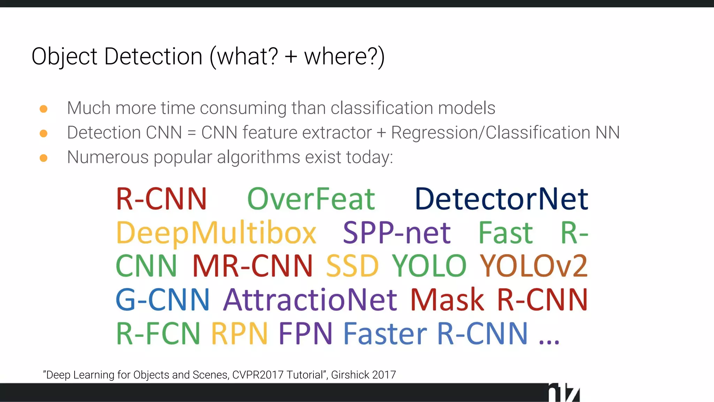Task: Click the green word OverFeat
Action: click(x=311, y=199)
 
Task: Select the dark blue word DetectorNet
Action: click(x=501, y=199)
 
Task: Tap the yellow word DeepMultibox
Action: click(x=216, y=233)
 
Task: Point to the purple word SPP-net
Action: click(x=397, y=233)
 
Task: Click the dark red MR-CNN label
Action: click(x=252, y=266)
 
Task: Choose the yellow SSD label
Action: click(x=352, y=266)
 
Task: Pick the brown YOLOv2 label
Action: click(x=533, y=266)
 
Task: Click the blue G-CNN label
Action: click(x=162, y=299)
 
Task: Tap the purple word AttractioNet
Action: click(x=310, y=299)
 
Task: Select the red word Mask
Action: click(x=447, y=299)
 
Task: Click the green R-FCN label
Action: click(x=158, y=334)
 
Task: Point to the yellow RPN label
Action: click(x=240, y=334)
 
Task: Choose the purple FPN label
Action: click(x=305, y=334)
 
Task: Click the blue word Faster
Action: click(x=385, y=334)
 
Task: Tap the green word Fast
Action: click(x=506, y=233)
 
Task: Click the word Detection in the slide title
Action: click(x=153, y=57)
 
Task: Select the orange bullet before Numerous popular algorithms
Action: click(x=44, y=158)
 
